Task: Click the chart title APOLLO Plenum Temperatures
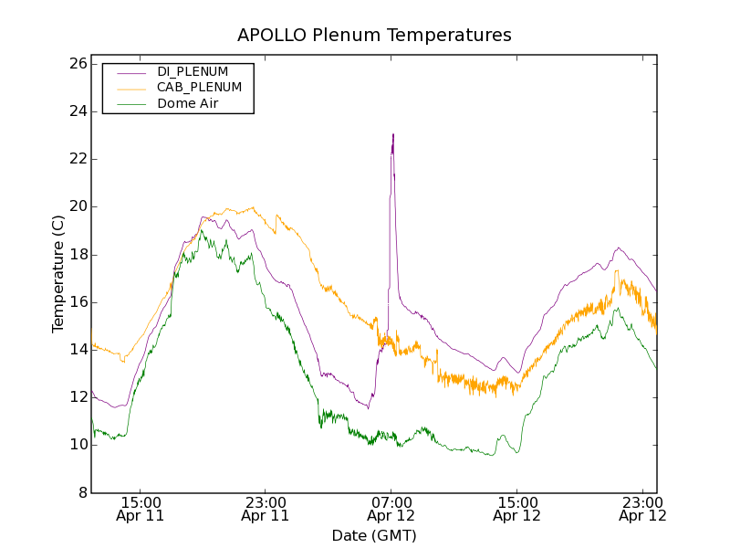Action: pos(374,36)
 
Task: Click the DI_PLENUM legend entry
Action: pos(193,71)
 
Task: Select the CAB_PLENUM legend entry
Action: pos(199,88)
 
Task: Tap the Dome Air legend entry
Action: pos(187,104)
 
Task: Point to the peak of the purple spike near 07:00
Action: pos(393,134)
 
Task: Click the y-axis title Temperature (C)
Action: pos(58,274)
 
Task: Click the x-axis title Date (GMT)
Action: pos(374,536)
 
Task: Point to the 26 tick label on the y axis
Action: pos(77,64)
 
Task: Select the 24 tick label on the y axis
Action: pos(77,111)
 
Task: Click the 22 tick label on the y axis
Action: pos(77,159)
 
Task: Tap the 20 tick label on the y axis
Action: pos(77,206)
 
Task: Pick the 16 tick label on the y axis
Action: pos(77,302)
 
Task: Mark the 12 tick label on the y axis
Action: pos(77,397)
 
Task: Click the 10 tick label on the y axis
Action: pos(77,445)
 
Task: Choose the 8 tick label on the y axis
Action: pos(82,492)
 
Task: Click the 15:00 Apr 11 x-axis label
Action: pos(141,509)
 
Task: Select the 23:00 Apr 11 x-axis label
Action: pos(266,509)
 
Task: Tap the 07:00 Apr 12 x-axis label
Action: pos(391,509)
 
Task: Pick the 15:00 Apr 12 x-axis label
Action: pos(516,509)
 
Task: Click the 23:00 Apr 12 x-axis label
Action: pos(642,509)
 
